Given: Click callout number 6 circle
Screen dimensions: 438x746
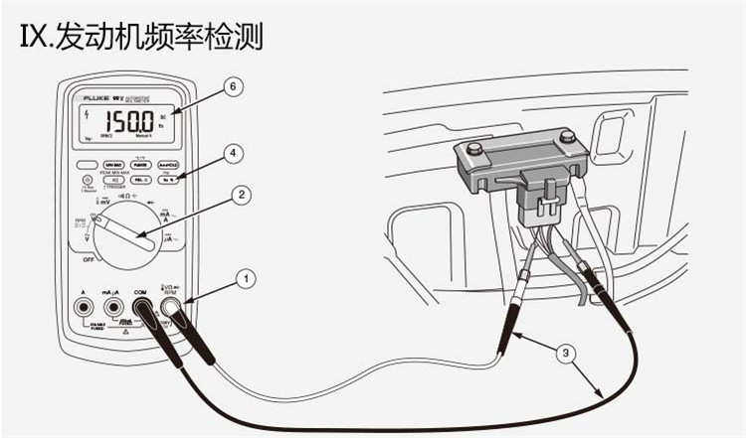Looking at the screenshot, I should pos(233,87).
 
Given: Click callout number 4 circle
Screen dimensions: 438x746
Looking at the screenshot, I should pos(233,154).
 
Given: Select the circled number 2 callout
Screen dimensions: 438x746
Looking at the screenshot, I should pos(240,196).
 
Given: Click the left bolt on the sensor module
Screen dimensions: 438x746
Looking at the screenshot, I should pos(474,149).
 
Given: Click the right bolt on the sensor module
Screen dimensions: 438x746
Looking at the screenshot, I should pos(567,135).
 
